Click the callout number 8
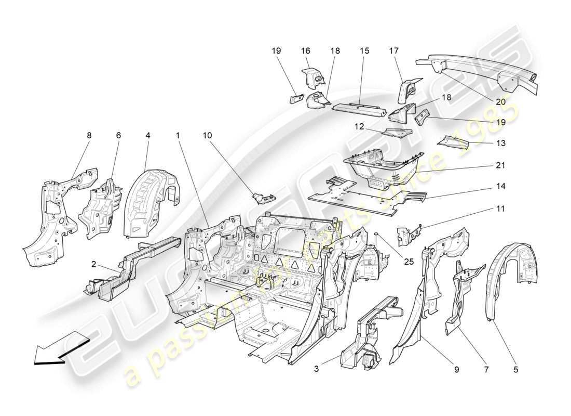tap(89, 135)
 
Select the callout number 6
tap(118, 135)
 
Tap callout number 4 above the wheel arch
tap(148, 135)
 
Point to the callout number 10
tap(207, 135)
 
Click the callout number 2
tap(94, 264)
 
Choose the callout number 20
tap(500, 102)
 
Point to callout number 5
tap(515, 370)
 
